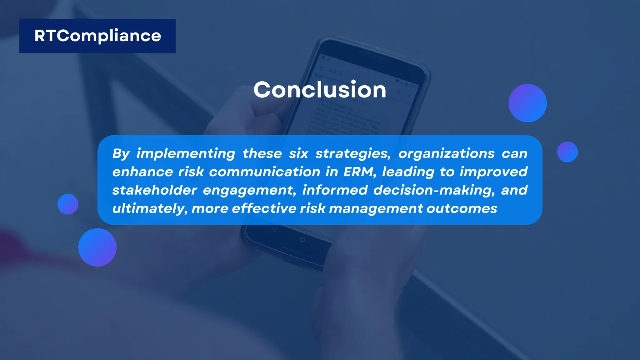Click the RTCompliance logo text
(x=97, y=36)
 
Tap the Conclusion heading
(x=320, y=90)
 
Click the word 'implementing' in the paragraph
(x=186, y=153)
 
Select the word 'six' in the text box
(x=298, y=153)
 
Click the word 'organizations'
(x=446, y=153)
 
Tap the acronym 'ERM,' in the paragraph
(x=360, y=172)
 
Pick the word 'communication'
(x=265, y=172)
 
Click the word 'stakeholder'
(x=155, y=190)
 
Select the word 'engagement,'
(x=249, y=190)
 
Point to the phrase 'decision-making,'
(x=434, y=190)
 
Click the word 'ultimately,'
(x=150, y=208)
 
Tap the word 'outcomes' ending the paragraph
(x=462, y=208)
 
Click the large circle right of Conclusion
(x=527, y=103)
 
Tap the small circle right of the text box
(x=567, y=152)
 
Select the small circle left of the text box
(x=68, y=204)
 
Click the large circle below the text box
(x=97, y=247)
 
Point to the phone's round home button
(x=302, y=240)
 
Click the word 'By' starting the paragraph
(x=121, y=153)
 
